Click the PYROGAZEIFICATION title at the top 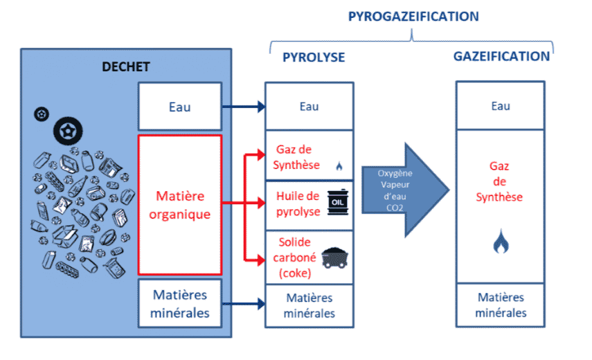413,16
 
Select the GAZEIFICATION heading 502,57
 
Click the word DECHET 126,66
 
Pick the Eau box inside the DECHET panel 179,107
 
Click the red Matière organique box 179,204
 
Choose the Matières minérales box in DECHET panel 179,303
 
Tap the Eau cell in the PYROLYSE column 310,107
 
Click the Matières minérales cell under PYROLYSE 310,305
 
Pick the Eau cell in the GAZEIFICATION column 501,106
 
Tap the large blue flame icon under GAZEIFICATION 501,242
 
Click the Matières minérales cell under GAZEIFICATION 501,305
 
